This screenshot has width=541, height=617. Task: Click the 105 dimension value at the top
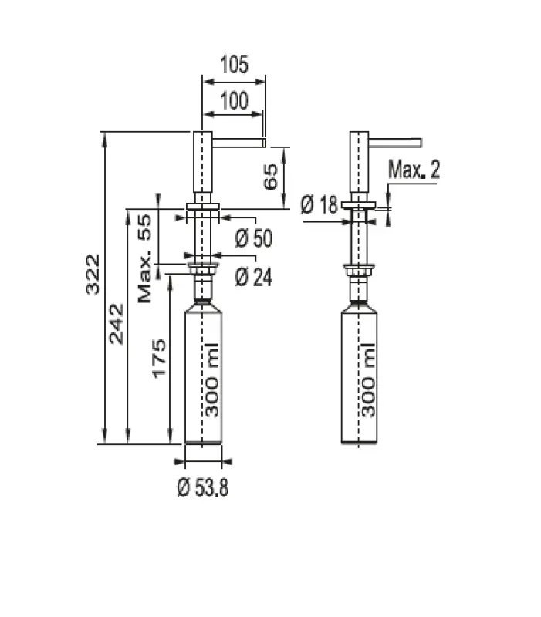tap(233, 65)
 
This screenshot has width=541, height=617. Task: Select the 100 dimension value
tap(233, 101)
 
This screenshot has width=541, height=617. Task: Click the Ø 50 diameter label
tap(253, 239)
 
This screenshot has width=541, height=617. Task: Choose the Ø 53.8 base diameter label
tap(203, 487)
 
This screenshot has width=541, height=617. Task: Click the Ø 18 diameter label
tap(319, 204)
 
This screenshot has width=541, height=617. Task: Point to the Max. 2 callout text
tap(414, 170)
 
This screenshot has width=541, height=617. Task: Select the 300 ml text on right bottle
tap(368, 379)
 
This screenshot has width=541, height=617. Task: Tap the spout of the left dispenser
tap(239, 142)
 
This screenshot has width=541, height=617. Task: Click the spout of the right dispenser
tap(397, 141)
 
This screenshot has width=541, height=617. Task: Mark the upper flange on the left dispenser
tap(203, 206)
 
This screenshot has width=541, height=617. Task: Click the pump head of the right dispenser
tap(359, 162)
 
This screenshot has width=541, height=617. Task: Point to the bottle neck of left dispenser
tap(203, 291)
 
